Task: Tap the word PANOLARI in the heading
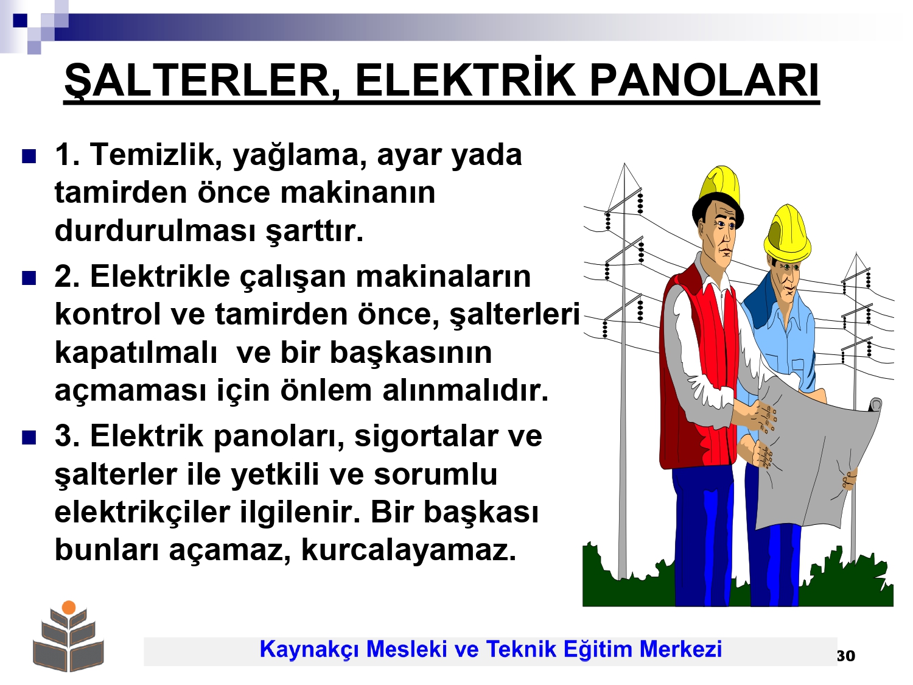(x=704, y=80)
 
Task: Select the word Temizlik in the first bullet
(x=156, y=155)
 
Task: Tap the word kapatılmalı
(x=136, y=353)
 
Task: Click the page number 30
(x=845, y=656)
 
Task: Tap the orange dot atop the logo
(x=69, y=607)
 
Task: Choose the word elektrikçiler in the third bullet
(x=142, y=513)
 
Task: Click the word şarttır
(x=315, y=231)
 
